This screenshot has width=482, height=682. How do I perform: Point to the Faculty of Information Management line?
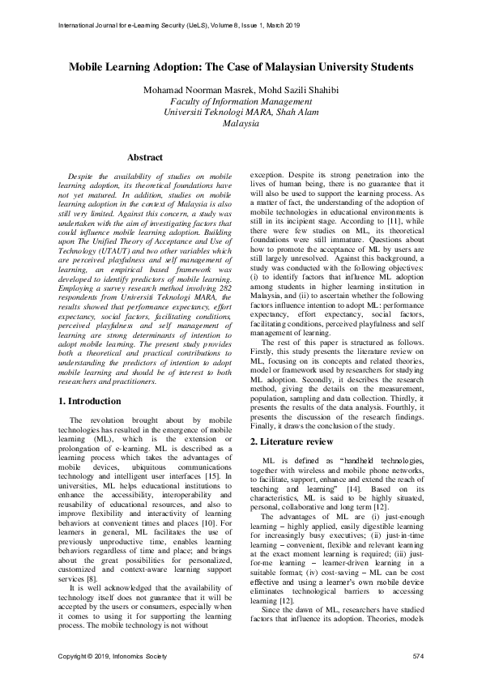(241, 101)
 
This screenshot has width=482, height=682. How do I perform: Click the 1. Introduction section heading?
(91, 401)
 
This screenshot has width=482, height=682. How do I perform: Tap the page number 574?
(418, 654)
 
